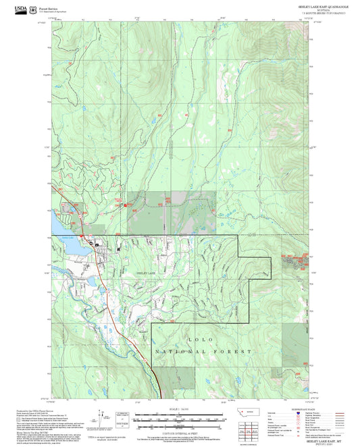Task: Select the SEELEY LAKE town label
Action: point(141,271)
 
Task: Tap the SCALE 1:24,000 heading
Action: point(180,409)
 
